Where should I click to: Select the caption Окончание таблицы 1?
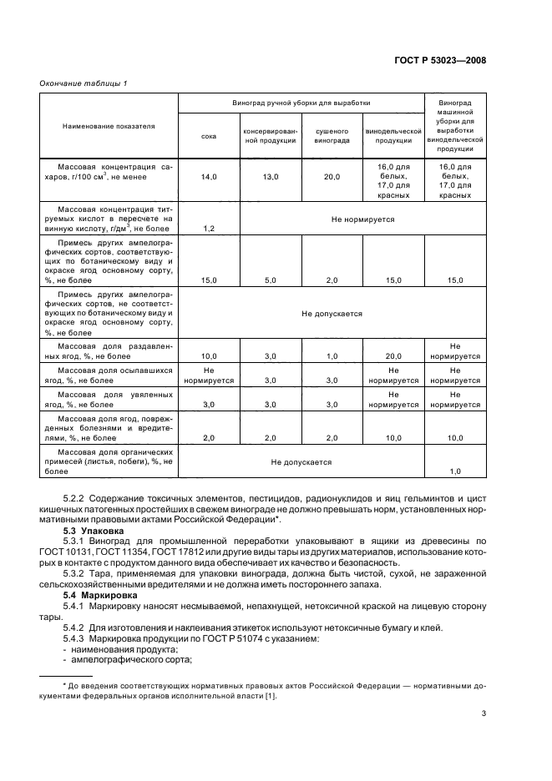[83, 83]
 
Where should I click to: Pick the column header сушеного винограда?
[331, 136]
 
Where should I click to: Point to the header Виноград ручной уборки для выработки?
[301, 103]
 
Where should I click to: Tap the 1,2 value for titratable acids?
[208, 228]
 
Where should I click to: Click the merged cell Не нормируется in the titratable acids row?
[362, 219]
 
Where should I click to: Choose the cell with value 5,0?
[270, 280]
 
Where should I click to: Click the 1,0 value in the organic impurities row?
[455, 471]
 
